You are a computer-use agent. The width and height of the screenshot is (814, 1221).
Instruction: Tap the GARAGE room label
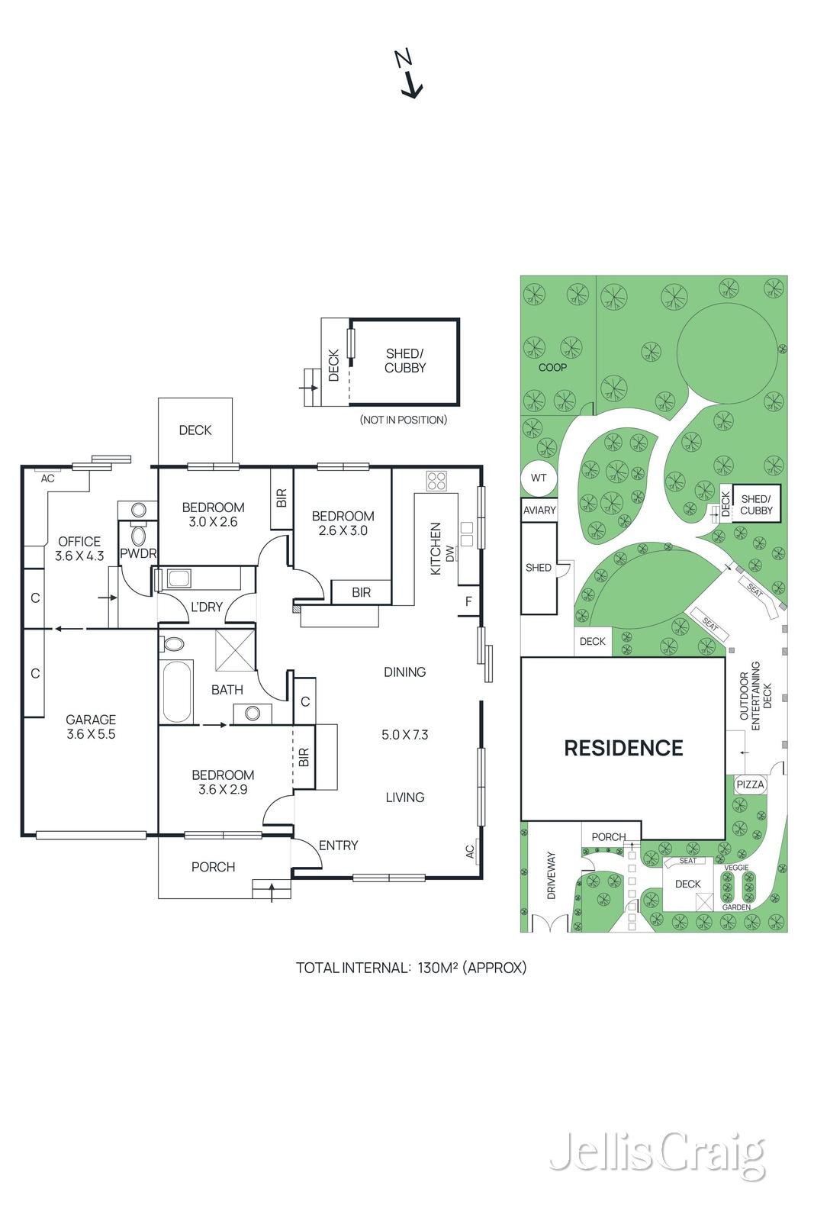click(91, 720)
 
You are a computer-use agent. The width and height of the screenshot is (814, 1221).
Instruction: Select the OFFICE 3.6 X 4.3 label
click(79, 549)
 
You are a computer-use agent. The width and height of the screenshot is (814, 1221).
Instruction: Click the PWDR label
click(138, 553)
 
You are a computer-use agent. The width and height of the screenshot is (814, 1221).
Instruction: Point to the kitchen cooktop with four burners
click(437, 481)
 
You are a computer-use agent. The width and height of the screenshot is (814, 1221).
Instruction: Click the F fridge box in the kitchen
click(468, 601)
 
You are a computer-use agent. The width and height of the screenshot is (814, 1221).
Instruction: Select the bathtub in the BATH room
click(177, 691)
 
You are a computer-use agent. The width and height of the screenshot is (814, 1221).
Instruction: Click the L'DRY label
click(206, 607)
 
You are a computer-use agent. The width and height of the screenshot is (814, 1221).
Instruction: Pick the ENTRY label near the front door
click(338, 846)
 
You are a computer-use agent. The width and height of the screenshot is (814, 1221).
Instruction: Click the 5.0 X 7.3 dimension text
click(404, 735)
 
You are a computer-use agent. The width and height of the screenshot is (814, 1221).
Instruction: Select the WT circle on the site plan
click(539, 478)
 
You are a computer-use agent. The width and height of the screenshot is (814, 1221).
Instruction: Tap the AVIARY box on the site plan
click(539, 511)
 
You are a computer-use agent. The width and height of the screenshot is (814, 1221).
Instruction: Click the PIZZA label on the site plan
click(750, 784)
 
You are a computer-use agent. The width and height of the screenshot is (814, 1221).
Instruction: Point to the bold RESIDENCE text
click(623, 748)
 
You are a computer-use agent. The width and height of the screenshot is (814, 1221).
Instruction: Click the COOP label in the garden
click(552, 368)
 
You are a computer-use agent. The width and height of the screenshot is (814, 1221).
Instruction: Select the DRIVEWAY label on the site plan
click(552, 875)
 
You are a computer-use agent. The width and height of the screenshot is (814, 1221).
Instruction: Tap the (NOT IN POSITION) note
click(404, 420)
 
